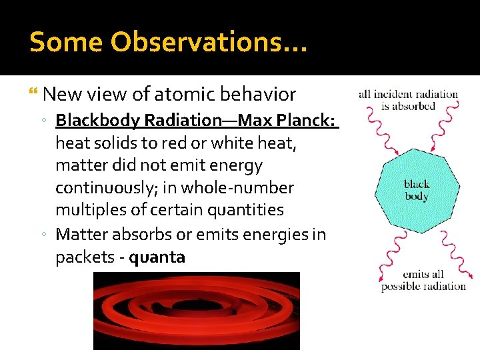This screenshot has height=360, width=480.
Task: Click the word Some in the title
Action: (x=67, y=42)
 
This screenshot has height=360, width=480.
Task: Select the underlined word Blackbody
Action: (x=98, y=121)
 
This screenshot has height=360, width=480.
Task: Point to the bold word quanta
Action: (x=157, y=257)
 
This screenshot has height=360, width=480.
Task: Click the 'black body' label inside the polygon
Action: (x=417, y=191)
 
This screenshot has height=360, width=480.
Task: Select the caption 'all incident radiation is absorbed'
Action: (x=408, y=100)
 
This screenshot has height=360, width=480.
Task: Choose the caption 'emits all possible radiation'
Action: (x=423, y=280)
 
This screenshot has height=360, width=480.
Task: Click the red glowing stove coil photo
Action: (x=196, y=311)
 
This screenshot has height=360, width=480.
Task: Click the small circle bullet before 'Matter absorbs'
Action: (x=43, y=235)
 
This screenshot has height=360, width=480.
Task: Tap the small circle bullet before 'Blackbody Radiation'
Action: (x=43, y=121)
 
